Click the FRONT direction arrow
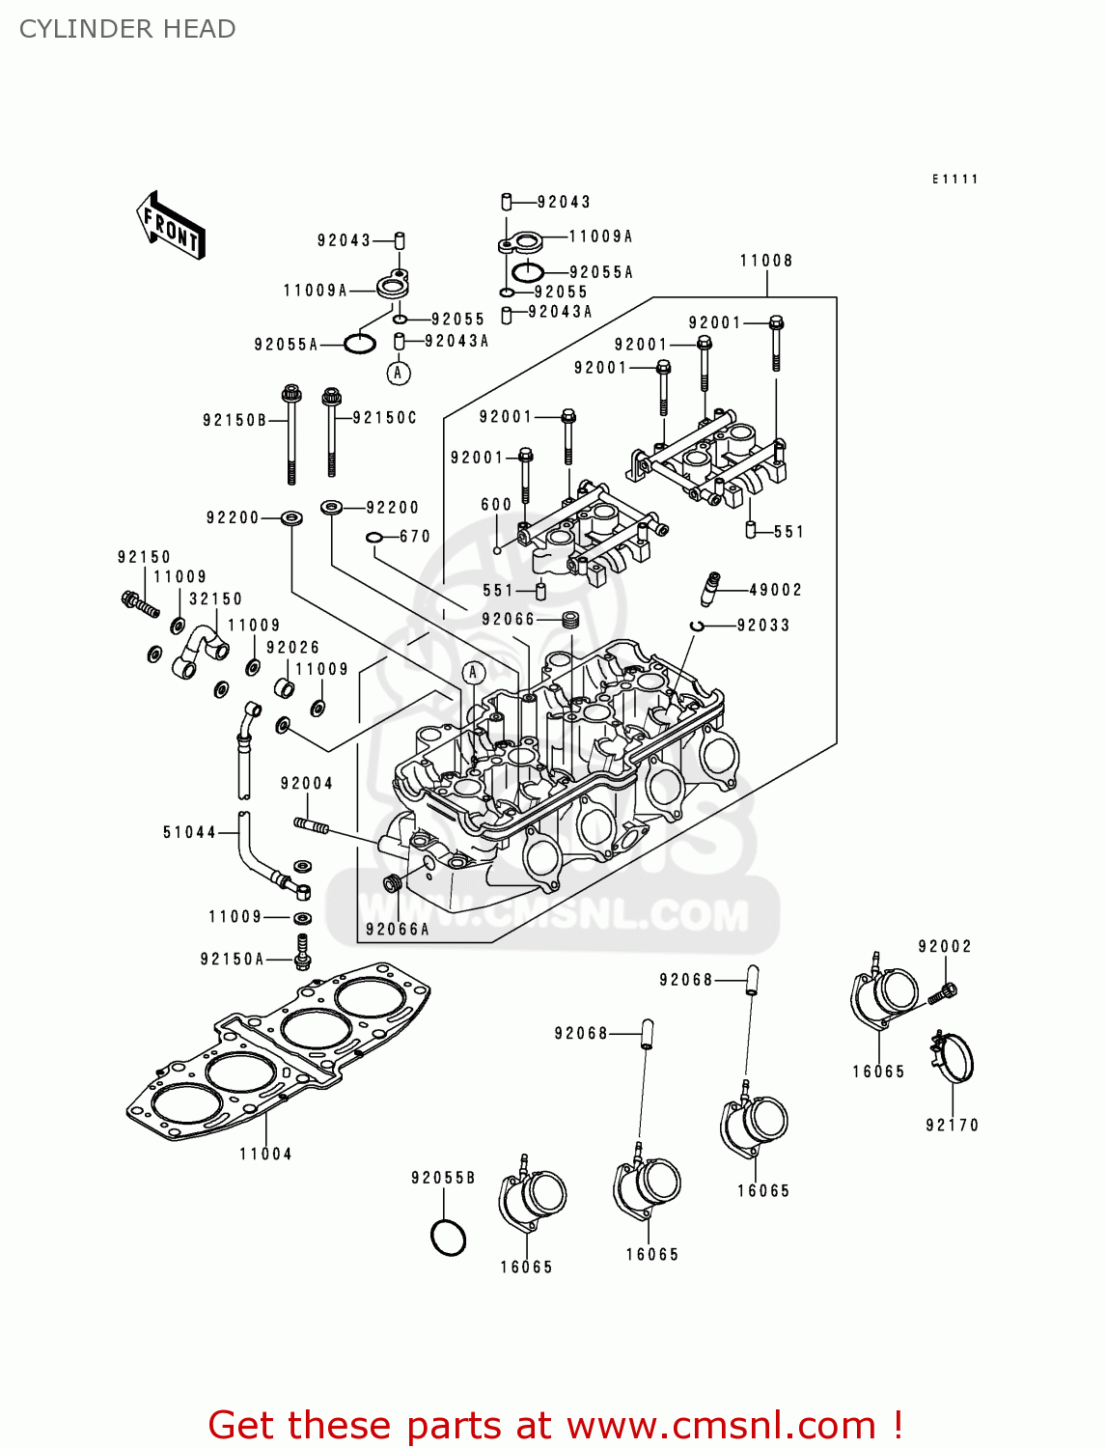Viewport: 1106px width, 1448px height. (171, 226)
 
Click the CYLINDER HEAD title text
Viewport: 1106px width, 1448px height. (127, 29)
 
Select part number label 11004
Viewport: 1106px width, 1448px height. (265, 1154)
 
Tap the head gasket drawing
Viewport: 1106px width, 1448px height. (280, 1052)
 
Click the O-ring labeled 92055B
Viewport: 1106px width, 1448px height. (448, 1238)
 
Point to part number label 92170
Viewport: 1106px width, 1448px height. (952, 1125)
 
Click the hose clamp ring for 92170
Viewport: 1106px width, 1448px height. (954, 1057)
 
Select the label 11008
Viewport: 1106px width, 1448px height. (766, 261)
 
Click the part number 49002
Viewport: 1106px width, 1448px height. (775, 590)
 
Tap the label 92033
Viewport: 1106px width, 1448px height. (763, 626)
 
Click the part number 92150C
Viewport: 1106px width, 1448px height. (385, 418)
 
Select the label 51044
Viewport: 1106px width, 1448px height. (189, 832)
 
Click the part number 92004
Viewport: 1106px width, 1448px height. (307, 783)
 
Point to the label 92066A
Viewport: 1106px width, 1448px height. (397, 930)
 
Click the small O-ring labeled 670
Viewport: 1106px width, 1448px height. (374, 538)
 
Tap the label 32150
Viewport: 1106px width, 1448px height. (215, 599)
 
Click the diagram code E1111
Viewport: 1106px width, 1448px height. (954, 180)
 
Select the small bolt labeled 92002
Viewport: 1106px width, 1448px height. (943, 991)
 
